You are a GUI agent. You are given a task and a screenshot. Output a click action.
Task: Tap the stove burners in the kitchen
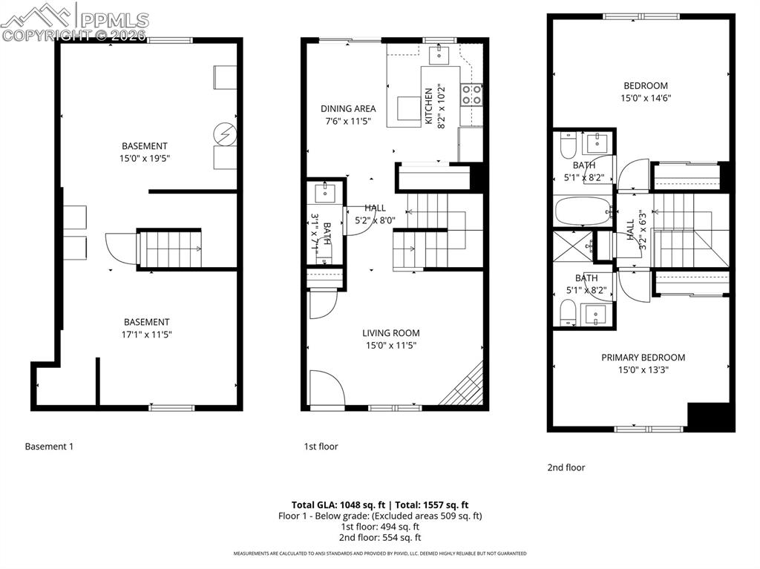[471, 94]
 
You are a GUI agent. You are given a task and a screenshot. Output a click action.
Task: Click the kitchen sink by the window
[439, 53]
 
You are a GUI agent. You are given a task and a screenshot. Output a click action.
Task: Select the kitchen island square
[407, 108]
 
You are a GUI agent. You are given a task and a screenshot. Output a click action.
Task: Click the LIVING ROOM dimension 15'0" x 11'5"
[391, 345]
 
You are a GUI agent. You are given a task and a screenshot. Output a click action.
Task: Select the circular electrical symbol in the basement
[224, 134]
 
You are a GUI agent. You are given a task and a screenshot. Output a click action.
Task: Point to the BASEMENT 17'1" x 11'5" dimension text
[146, 334]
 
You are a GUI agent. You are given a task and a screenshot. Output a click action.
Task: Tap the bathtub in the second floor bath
[583, 210]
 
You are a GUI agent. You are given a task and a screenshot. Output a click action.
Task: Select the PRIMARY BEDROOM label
[643, 358]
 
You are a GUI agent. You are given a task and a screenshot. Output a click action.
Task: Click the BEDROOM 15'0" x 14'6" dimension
[645, 97]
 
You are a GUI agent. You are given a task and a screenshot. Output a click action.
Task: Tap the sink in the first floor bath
[324, 195]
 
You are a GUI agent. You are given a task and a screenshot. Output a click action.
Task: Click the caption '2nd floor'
[566, 467]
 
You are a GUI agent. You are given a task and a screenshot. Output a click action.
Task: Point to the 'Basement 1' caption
[49, 447]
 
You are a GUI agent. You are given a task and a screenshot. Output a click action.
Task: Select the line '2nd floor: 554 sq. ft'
[380, 537]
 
